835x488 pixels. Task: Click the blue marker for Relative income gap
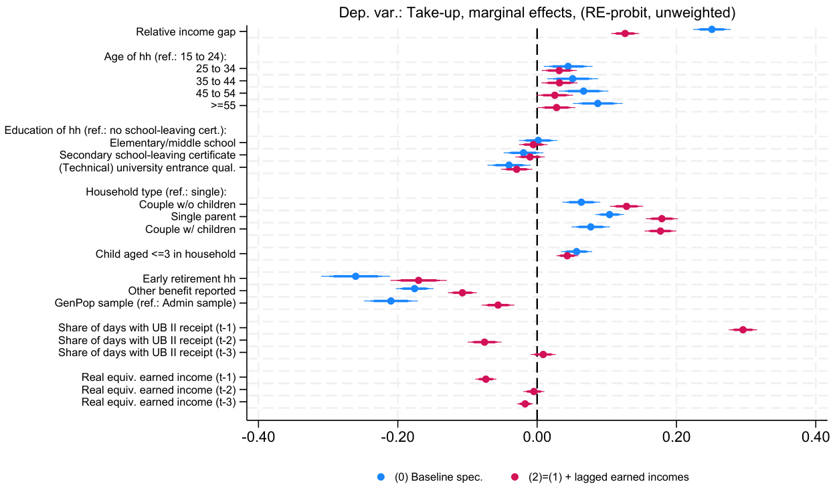tap(711, 29)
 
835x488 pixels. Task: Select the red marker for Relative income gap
tap(625, 33)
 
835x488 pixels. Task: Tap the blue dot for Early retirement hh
tap(355, 276)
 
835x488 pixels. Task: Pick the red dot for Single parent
tap(662, 219)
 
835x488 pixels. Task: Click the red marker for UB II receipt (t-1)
tap(743, 330)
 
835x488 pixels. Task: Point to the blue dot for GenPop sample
tap(391, 301)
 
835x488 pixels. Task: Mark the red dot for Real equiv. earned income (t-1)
tap(486, 380)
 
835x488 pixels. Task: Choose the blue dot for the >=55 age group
tap(597, 103)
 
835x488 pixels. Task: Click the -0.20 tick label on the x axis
tap(397, 438)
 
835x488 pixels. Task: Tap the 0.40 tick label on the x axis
tap(815, 438)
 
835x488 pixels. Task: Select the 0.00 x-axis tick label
tap(537, 438)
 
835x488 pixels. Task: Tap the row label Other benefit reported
tap(182, 291)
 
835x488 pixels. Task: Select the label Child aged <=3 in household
tap(165, 254)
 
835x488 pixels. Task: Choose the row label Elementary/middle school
tap(173, 143)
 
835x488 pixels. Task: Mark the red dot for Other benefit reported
tap(462, 293)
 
